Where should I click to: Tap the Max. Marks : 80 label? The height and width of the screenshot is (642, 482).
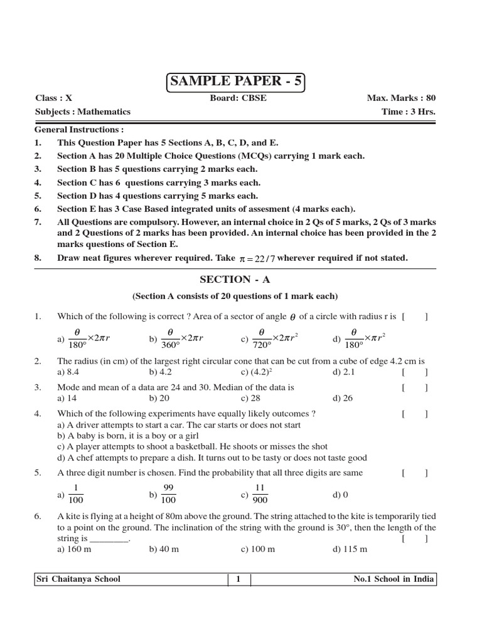(401, 98)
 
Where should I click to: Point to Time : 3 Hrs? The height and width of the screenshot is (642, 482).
(408, 112)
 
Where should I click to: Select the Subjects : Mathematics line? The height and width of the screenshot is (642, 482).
(83, 112)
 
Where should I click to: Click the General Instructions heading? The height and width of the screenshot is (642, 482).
(78, 130)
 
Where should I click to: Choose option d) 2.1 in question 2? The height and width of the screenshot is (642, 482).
(343, 372)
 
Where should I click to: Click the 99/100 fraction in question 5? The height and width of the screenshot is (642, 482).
(168, 494)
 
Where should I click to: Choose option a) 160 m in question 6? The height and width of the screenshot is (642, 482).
(75, 549)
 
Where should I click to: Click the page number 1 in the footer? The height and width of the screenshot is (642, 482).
(238, 579)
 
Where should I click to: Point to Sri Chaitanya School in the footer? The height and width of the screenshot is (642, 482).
(78, 579)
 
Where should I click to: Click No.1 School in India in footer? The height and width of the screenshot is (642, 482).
(394, 579)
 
